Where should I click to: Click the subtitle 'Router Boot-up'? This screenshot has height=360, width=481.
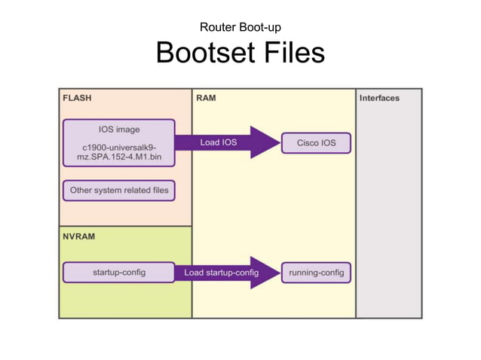[x=240, y=28]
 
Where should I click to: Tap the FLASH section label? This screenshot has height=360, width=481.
[x=77, y=98]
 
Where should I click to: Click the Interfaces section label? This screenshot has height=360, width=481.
[x=379, y=98]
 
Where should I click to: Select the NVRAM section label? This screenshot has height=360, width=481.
[x=79, y=236]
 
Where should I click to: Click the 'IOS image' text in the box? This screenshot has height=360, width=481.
[x=118, y=129]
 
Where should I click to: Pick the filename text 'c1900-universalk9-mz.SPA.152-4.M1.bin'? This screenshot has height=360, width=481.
[x=118, y=151]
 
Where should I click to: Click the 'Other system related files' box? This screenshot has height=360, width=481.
[x=118, y=191]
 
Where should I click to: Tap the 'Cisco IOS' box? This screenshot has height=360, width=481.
[x=317, y=142]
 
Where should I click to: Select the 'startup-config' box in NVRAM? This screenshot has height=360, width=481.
[x=118, y=272]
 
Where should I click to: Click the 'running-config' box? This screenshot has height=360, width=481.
[x=316, y=272]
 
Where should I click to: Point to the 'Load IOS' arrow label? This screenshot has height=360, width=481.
[x=219, y=142]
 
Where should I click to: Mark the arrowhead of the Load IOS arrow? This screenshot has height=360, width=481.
[x=265, y=142]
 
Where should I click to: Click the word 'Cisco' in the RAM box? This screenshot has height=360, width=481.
[x=307, y=142]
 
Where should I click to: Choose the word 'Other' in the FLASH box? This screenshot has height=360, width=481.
[x=82, y=191]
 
